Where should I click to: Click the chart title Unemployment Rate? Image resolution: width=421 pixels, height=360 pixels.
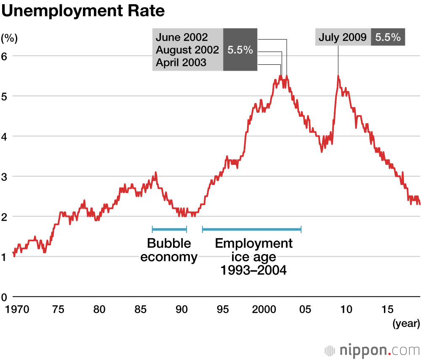[x=83, y=11]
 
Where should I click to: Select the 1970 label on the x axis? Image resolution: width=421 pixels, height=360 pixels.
[x=17, y=310]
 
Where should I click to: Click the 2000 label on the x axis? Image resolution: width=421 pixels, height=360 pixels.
[x=264, y=310]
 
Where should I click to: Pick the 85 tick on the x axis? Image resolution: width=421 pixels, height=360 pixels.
[x=140, y=310]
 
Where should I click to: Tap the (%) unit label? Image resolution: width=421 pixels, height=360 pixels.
[x=9, y=38]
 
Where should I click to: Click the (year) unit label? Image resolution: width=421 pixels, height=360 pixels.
[x=406, y=323]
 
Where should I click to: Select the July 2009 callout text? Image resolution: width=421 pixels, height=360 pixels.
[x=342, y=37]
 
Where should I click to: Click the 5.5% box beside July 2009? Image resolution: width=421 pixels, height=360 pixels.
[x=388, y=37]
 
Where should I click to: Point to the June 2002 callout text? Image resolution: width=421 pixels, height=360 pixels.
[x=182, y=37]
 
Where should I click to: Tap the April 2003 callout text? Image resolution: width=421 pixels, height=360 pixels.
[x=181, y=63]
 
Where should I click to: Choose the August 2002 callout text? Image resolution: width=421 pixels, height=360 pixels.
[x=187, y=50]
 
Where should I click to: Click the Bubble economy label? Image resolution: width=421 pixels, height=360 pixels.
[x=169, y=250]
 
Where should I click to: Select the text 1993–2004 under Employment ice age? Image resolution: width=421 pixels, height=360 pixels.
[x=253, y=270]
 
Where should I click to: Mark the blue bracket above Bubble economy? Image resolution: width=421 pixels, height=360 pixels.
[x=169, y=229]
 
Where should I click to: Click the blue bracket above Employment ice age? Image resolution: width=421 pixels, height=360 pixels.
[x=252, y=229]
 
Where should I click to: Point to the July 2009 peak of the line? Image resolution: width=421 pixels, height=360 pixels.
[x=338, y=77]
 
